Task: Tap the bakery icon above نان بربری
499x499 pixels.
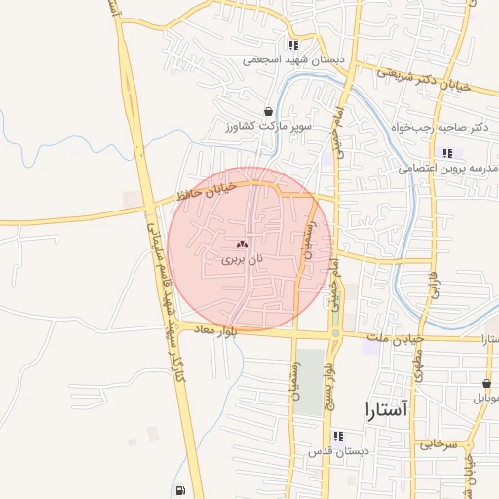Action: coord(242,244)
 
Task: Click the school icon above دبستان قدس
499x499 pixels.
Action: coord(338,436)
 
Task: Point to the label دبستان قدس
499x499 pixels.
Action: coord(337,451)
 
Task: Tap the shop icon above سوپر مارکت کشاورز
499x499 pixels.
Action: coord(268,111)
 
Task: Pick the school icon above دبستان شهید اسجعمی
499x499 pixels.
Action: coord(292,45)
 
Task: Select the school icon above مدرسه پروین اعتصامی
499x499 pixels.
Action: coord(447,152)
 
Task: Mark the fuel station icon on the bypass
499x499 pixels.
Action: coord(179,490)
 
